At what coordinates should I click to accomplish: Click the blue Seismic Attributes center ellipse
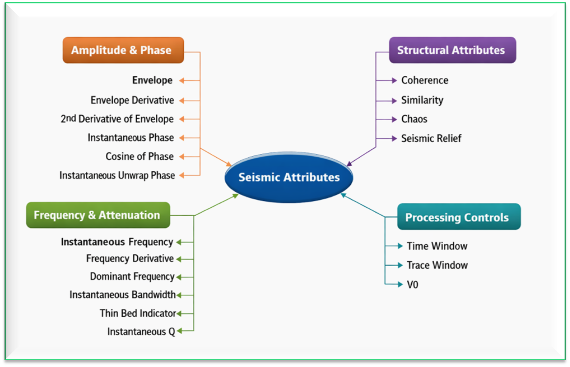tap(289, 177)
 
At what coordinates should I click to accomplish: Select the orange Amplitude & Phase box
tap(123, 50)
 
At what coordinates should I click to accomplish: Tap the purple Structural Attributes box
tap(452, 50)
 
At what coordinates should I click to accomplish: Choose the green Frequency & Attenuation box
tap(98, 215)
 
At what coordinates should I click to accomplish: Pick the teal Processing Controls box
tap(458, 217)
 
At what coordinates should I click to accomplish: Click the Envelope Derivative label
tap(132, 100)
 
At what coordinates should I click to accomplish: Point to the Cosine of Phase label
tap(139, 156)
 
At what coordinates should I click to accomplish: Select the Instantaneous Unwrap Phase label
tap(117, 175)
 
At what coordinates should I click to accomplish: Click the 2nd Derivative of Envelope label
tap(117, 119)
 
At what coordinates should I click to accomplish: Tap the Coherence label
tap(424, 80)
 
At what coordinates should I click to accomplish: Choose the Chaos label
tap(414, 119)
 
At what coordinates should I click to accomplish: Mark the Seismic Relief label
tap(431, 138)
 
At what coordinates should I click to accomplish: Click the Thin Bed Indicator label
tap(137, 313)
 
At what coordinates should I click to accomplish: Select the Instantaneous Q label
tap(141, 332)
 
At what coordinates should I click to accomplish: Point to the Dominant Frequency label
tap(132, 276)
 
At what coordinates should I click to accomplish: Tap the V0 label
tap(413, 284)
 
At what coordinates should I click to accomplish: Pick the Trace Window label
tap(437, 265)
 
